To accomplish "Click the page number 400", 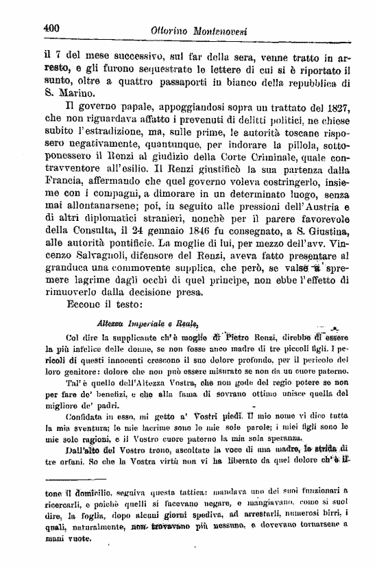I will click(50, 29).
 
